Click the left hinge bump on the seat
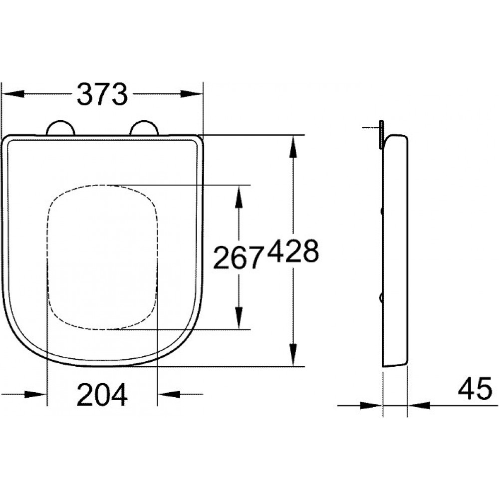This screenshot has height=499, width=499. (x=61, y=129)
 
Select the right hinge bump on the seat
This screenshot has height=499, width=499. (x=144, y=129)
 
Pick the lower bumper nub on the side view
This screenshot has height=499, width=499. (x=382, y=298)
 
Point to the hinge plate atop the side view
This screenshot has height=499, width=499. (x=381, y=134)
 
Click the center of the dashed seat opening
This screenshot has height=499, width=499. (x=103, y=257)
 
